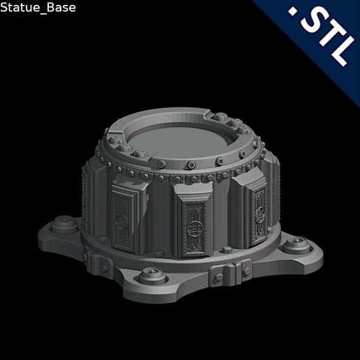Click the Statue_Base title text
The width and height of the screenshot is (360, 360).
38,8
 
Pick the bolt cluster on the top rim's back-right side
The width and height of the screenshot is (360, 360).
240,126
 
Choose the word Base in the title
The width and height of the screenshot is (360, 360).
60,8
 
